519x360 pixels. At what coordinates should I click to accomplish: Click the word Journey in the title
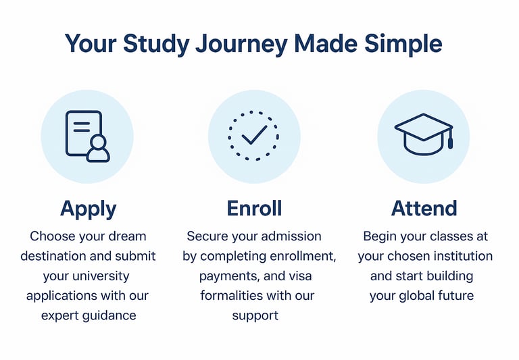pyautogui.click(x=241, y=45)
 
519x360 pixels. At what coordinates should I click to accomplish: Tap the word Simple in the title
pyautogui.click(x=403, y=45)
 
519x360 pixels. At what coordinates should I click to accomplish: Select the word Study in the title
pyautogui.click(x=156, y=45)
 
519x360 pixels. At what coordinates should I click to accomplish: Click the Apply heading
pyautogui.click(x=89, y=209)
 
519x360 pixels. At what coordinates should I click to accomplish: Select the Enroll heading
pyautogui.click(x=254, y=208)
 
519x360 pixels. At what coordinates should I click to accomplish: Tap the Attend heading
pyautogui.click(x=424, y=208)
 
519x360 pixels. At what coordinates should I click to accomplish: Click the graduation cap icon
pyautogui.click(x=424, y=134)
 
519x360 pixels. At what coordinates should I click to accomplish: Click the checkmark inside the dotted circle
pyautogui.click(x=254, y=134)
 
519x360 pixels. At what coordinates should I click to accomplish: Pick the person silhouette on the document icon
pyautogui.click(x=98, y=149)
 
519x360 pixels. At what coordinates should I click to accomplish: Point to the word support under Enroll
pyautogui.click(x=255, y=316)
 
